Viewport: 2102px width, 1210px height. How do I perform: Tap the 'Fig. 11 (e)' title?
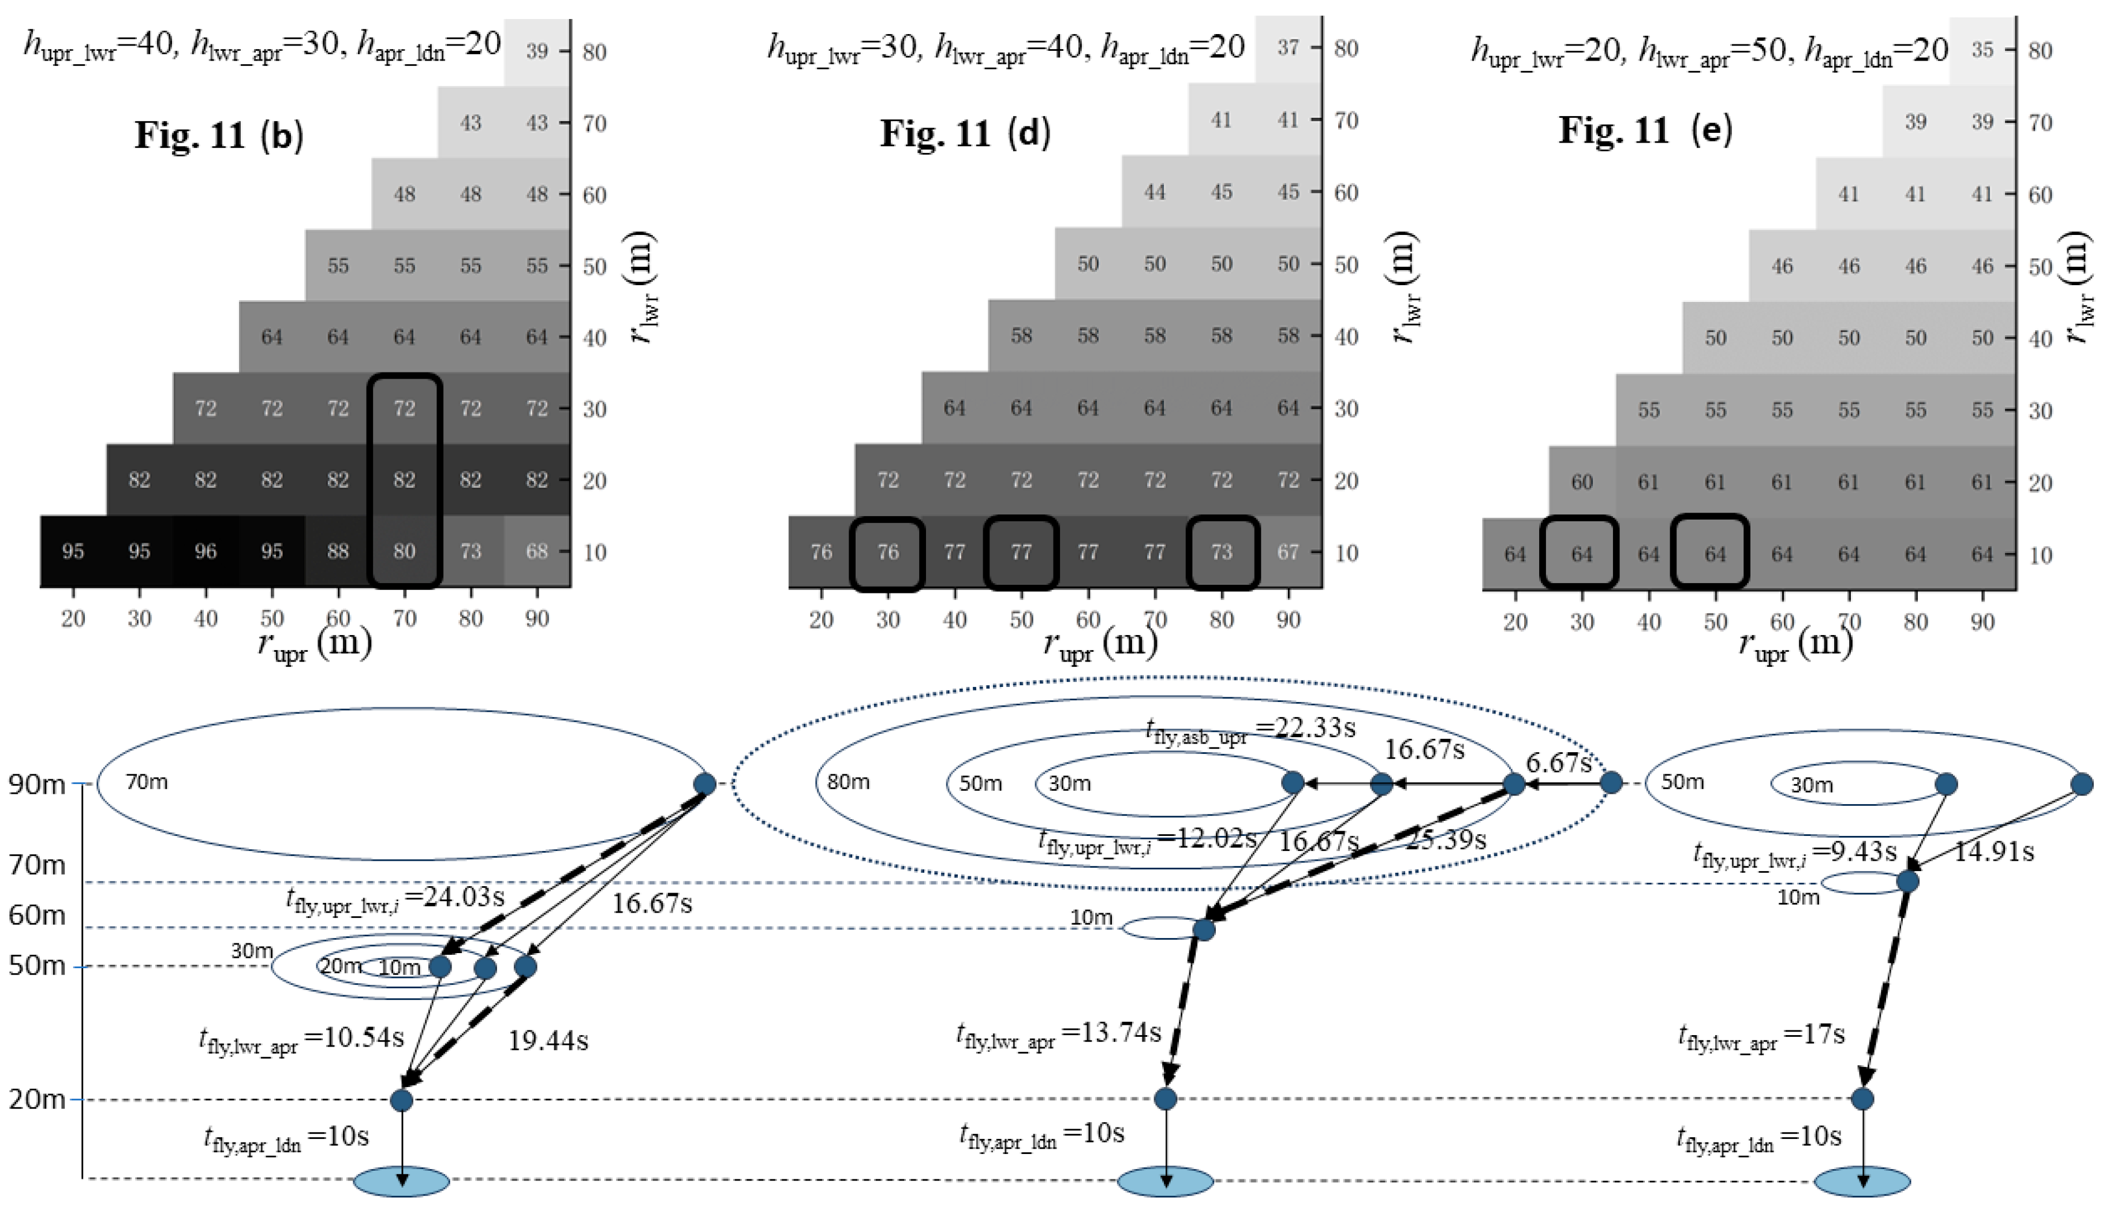click(x=1645, y=130)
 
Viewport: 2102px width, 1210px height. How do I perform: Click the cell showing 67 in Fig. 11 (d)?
click(x=1288, y=552)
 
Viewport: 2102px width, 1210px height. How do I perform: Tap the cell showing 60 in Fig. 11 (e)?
click(x=1582, y=482)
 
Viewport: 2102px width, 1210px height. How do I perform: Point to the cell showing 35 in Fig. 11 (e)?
click(x=1982, y=50)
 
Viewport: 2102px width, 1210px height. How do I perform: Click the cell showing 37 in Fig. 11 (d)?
click(x=1288, y=47)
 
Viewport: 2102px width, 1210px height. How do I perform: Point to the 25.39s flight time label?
click(x=1445, y=839)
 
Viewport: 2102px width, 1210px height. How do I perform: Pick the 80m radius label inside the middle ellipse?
click(x=848, y=782)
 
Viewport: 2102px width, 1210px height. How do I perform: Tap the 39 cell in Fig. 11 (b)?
click(x=537, y=51)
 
